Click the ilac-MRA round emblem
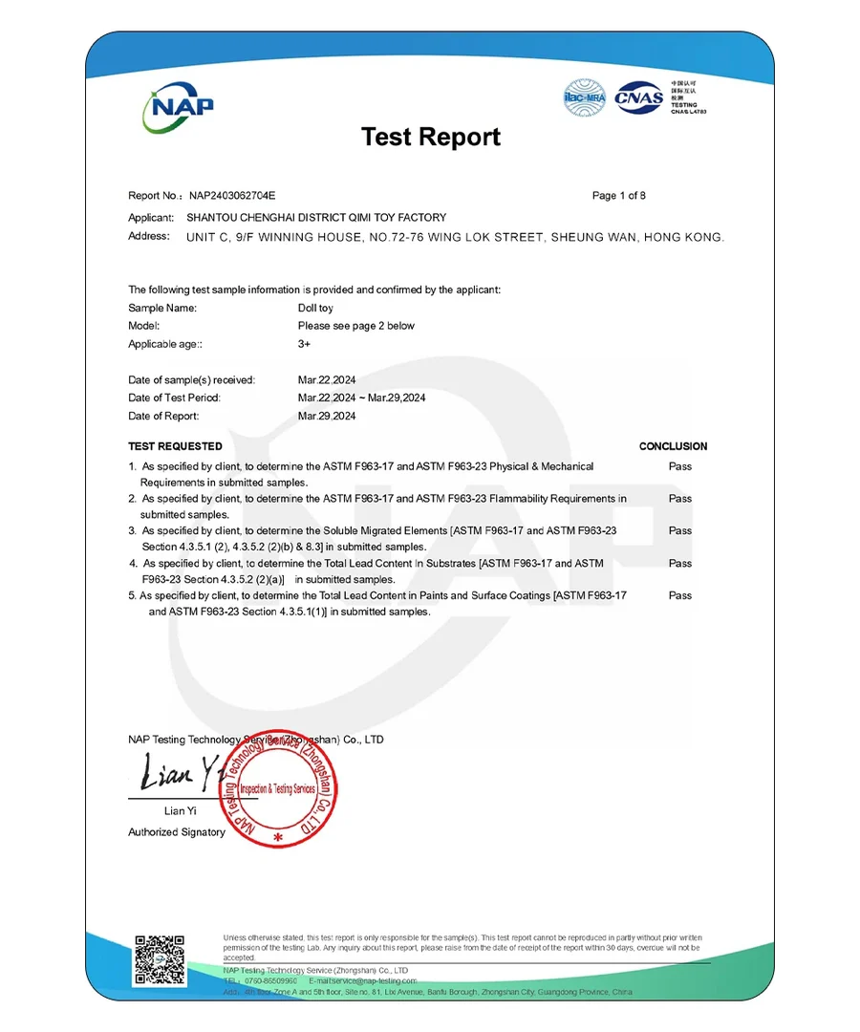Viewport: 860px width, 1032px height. tap(585, 98)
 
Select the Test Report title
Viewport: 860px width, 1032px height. tap(430, 137)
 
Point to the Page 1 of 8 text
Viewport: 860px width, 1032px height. tap(618, 196)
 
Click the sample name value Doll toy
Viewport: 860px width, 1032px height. tap(315, 308)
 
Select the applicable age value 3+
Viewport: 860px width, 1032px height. tap(304, 344)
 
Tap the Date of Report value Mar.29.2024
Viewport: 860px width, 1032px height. tap(327, 416)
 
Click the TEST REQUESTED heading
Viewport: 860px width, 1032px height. tap(175, 446)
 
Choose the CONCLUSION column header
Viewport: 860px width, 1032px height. tap(673, 446)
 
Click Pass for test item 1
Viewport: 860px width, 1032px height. tap(680, 466)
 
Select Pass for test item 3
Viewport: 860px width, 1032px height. tap(680, 530)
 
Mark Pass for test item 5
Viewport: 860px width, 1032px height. tap(680, 595)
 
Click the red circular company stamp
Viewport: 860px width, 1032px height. tap(279, 789)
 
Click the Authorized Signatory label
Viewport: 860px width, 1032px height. tap(177, 832)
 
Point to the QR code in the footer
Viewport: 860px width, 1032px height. tap(159, 958)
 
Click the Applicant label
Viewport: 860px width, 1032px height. tap(150, 218)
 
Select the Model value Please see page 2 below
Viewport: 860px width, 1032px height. tap(356, 326)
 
